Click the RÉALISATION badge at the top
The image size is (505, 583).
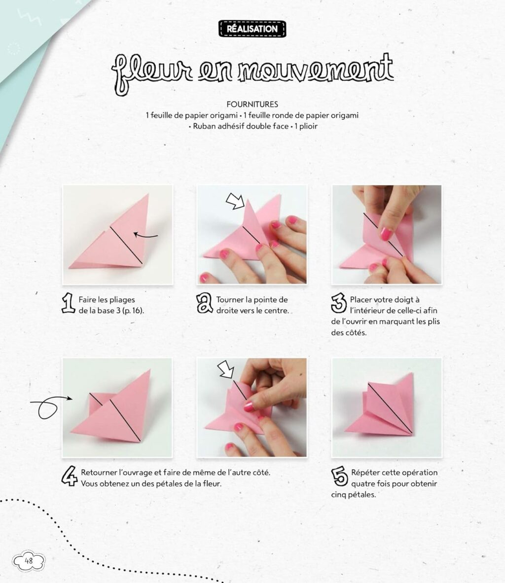coord(252,29)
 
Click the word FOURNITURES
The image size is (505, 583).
coord(252,104)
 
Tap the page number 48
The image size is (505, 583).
coord(29,560)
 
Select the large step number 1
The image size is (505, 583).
coord(68,304)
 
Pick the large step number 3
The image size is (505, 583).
coord(339,303)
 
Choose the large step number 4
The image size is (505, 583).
coord(70,477)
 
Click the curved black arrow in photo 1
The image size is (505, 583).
coord(146,236)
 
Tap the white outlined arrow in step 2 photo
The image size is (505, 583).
coord(235,201)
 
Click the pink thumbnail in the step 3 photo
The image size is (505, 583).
coord(386,233)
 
